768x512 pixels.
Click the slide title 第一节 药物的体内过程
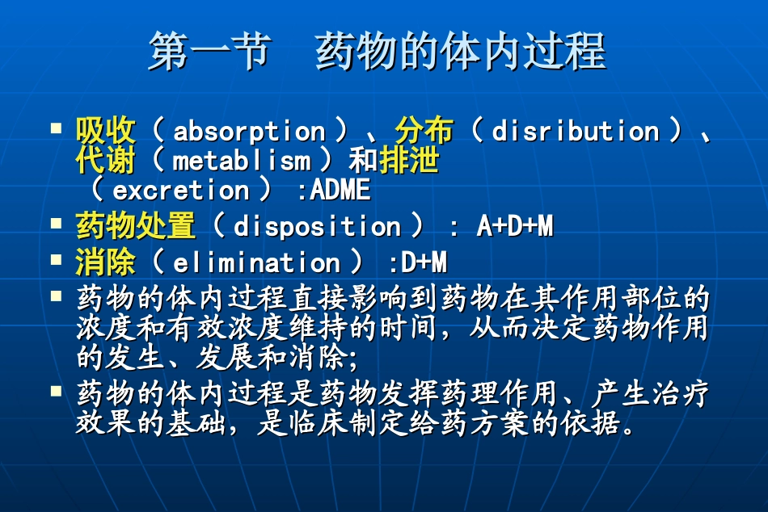pos(377,52)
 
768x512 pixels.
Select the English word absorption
pos(249,131)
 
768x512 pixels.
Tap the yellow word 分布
pos(424,131)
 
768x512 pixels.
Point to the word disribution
pos(575,131)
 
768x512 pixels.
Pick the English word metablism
pos(241,161)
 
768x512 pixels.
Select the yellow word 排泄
pos(409,161)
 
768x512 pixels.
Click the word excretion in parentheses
pos(181,191)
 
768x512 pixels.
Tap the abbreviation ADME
pos(340,191)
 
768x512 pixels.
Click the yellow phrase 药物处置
pos(136,227)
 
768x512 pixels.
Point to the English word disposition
pos(317,227)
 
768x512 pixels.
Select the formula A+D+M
pos(514,227)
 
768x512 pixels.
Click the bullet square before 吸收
pos(56,128)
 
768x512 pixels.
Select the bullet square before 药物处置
pos(56,224)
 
